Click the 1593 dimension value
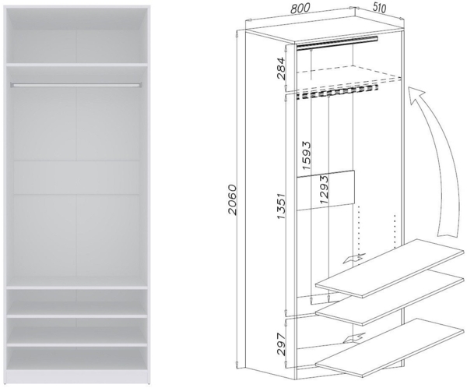click(310, 160)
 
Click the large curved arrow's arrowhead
click(419, 95)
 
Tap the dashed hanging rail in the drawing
click(335, 93)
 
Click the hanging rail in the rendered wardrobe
click(78, 83)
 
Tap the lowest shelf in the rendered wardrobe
click(78, 344)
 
